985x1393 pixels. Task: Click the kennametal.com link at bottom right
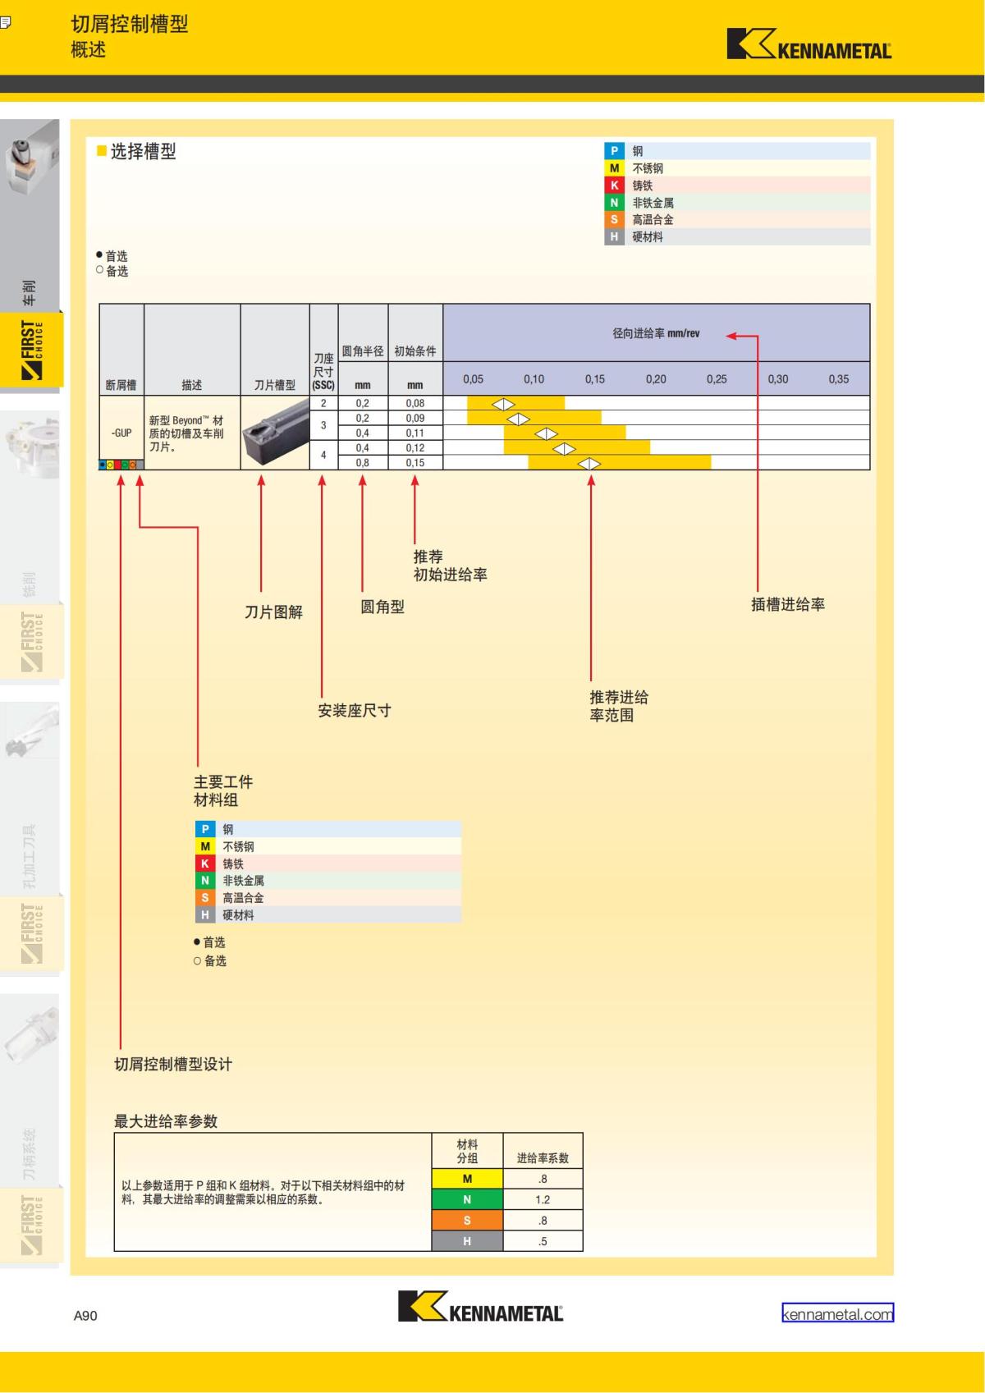[x=837, y=1313]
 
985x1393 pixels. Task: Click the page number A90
[x=85, y=1315]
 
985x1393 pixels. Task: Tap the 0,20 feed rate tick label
[x=656, y=379]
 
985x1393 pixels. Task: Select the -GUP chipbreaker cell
[x=121, y=433]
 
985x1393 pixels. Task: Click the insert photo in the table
[x=274, y=433]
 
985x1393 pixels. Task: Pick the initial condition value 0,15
[x=415, y=463]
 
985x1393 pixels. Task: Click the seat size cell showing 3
[x=323, y=425]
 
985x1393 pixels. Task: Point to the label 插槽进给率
[x=787, y=605]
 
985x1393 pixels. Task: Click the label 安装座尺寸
[x=354, y=711]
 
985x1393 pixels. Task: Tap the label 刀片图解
[x=273, y=612]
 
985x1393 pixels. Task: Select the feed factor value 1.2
[x=543, y=1199]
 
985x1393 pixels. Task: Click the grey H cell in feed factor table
[x=467, y=1241]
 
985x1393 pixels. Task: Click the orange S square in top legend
[x=614, y=219]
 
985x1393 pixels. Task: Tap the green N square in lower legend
[x=205, y=881]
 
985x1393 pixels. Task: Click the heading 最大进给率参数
[x=166, y=1121]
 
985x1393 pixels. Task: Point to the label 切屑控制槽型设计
[x=173, y=1065]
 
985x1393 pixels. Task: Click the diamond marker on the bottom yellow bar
[x=589, y=464]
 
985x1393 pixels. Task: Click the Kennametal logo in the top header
[x=809, y=44]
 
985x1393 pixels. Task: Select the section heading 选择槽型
[x=143, y=152]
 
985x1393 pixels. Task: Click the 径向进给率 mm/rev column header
[x=656, y=333]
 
